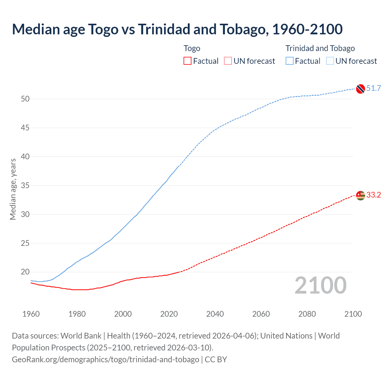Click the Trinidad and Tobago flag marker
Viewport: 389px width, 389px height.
click(x=360, y=89)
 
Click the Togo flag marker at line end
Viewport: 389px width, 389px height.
click(x=360, y=195)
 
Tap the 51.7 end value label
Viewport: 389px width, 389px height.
click(x=374, y=88)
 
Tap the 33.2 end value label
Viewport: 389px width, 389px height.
click(x=374, y=195)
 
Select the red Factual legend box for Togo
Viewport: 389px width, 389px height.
click(x=188, y=61)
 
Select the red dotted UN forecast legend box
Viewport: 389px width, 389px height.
click(x=228, y=61)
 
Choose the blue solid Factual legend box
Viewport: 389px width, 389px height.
click(x=290, y=61)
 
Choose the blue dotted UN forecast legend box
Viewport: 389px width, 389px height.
click(x=330, y=61)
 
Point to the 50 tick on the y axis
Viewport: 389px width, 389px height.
click(x=25, y=99)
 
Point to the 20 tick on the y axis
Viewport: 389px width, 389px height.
click(x=25, y=272)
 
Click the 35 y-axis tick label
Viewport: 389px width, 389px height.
click(x=25, y=185)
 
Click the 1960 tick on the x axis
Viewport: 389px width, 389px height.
click(x=31, y=314)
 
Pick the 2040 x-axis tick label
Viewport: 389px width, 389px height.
click(x=215, y=314)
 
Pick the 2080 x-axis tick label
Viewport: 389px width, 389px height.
click(x=307, y=314)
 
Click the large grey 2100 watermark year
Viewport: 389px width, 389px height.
click(x=320, y=285)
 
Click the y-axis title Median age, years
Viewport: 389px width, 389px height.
click(x=13, y=189)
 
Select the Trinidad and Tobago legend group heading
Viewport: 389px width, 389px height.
click(x=320, y=48)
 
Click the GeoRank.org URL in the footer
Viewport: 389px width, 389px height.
click(x=105, y=360)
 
